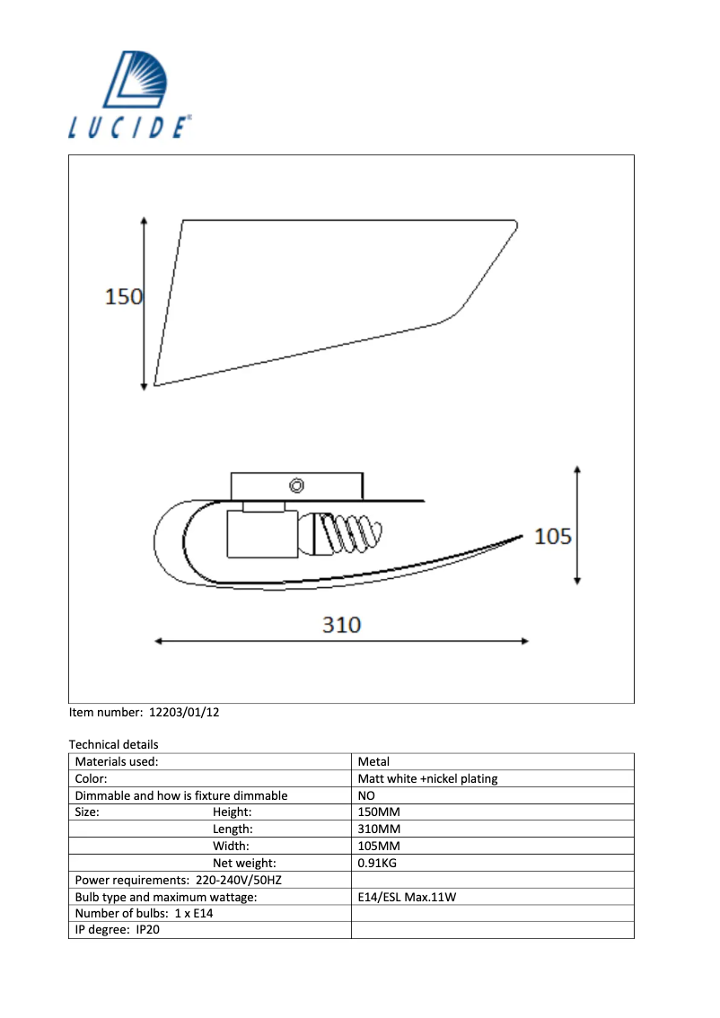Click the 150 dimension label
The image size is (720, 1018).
124,296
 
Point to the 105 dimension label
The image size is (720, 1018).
552,537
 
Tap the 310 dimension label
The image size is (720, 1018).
341,625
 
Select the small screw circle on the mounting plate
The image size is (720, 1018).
296,486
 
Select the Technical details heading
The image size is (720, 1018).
113,744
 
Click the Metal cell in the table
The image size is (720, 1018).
373,761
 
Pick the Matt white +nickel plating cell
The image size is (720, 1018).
427,778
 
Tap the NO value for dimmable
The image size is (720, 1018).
366,795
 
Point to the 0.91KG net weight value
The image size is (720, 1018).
377,863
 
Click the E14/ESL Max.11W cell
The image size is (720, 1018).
408,897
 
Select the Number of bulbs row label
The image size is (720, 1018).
144,913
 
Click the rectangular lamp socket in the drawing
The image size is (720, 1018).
255,535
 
